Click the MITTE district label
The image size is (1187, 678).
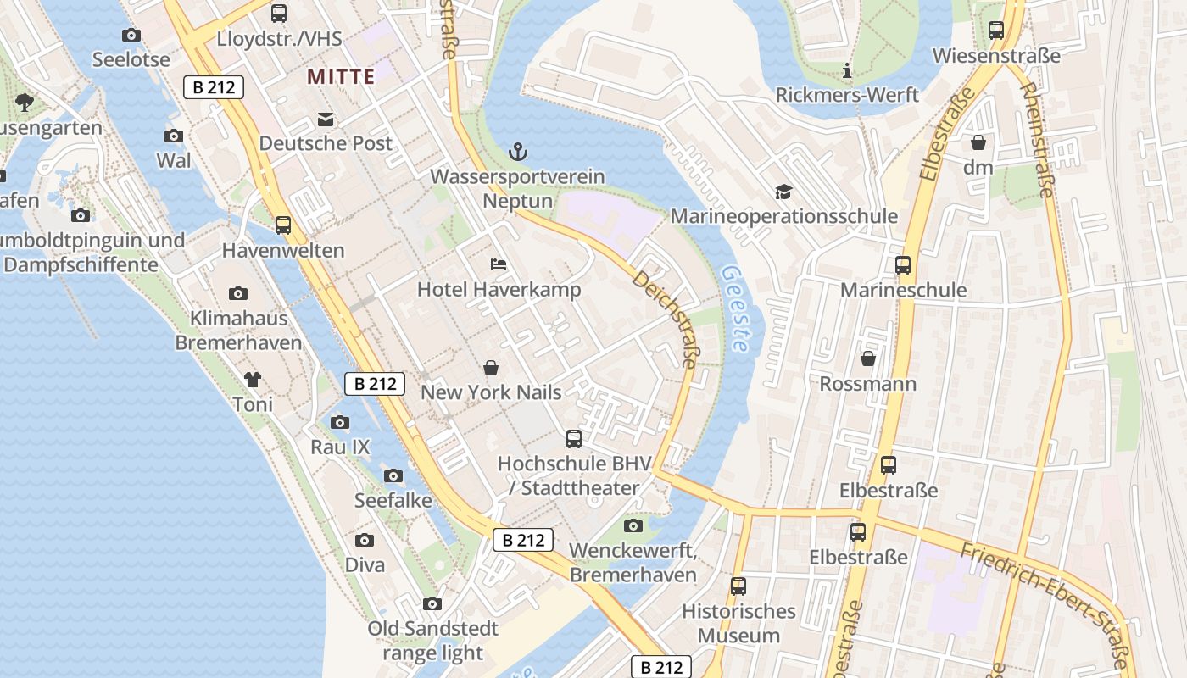[x=341, y=77]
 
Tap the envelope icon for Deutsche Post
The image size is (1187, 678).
[x=326, y=119]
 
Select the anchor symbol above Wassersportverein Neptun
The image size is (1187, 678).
[x=517, y=152]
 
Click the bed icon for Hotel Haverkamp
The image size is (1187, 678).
[x=499, y=265]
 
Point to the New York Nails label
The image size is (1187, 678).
[x=491, y=392]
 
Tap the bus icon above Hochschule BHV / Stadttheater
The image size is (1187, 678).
[x=574, y=439]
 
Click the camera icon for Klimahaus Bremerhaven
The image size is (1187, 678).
[x=238, y=294]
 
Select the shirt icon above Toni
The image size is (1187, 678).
[x=253, y=380]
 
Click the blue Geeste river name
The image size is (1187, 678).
[x=734, y=309]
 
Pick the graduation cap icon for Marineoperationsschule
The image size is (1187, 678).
[x=783, y=192]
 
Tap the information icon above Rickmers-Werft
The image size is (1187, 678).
[x=846, y=70]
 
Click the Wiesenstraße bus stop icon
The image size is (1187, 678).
[x=996, y=31]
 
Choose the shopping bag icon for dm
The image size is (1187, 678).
[x=978, y=142]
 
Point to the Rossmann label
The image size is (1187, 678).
[x=867, y=384]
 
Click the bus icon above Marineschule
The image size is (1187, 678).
[x=903, y=265]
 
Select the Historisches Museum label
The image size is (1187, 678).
[x=738, y=623]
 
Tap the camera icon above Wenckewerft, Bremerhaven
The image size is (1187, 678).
[x=633, y=526]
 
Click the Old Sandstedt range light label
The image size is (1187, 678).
[x=432, y=641]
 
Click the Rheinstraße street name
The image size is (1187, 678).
[x=1036, y=140]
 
